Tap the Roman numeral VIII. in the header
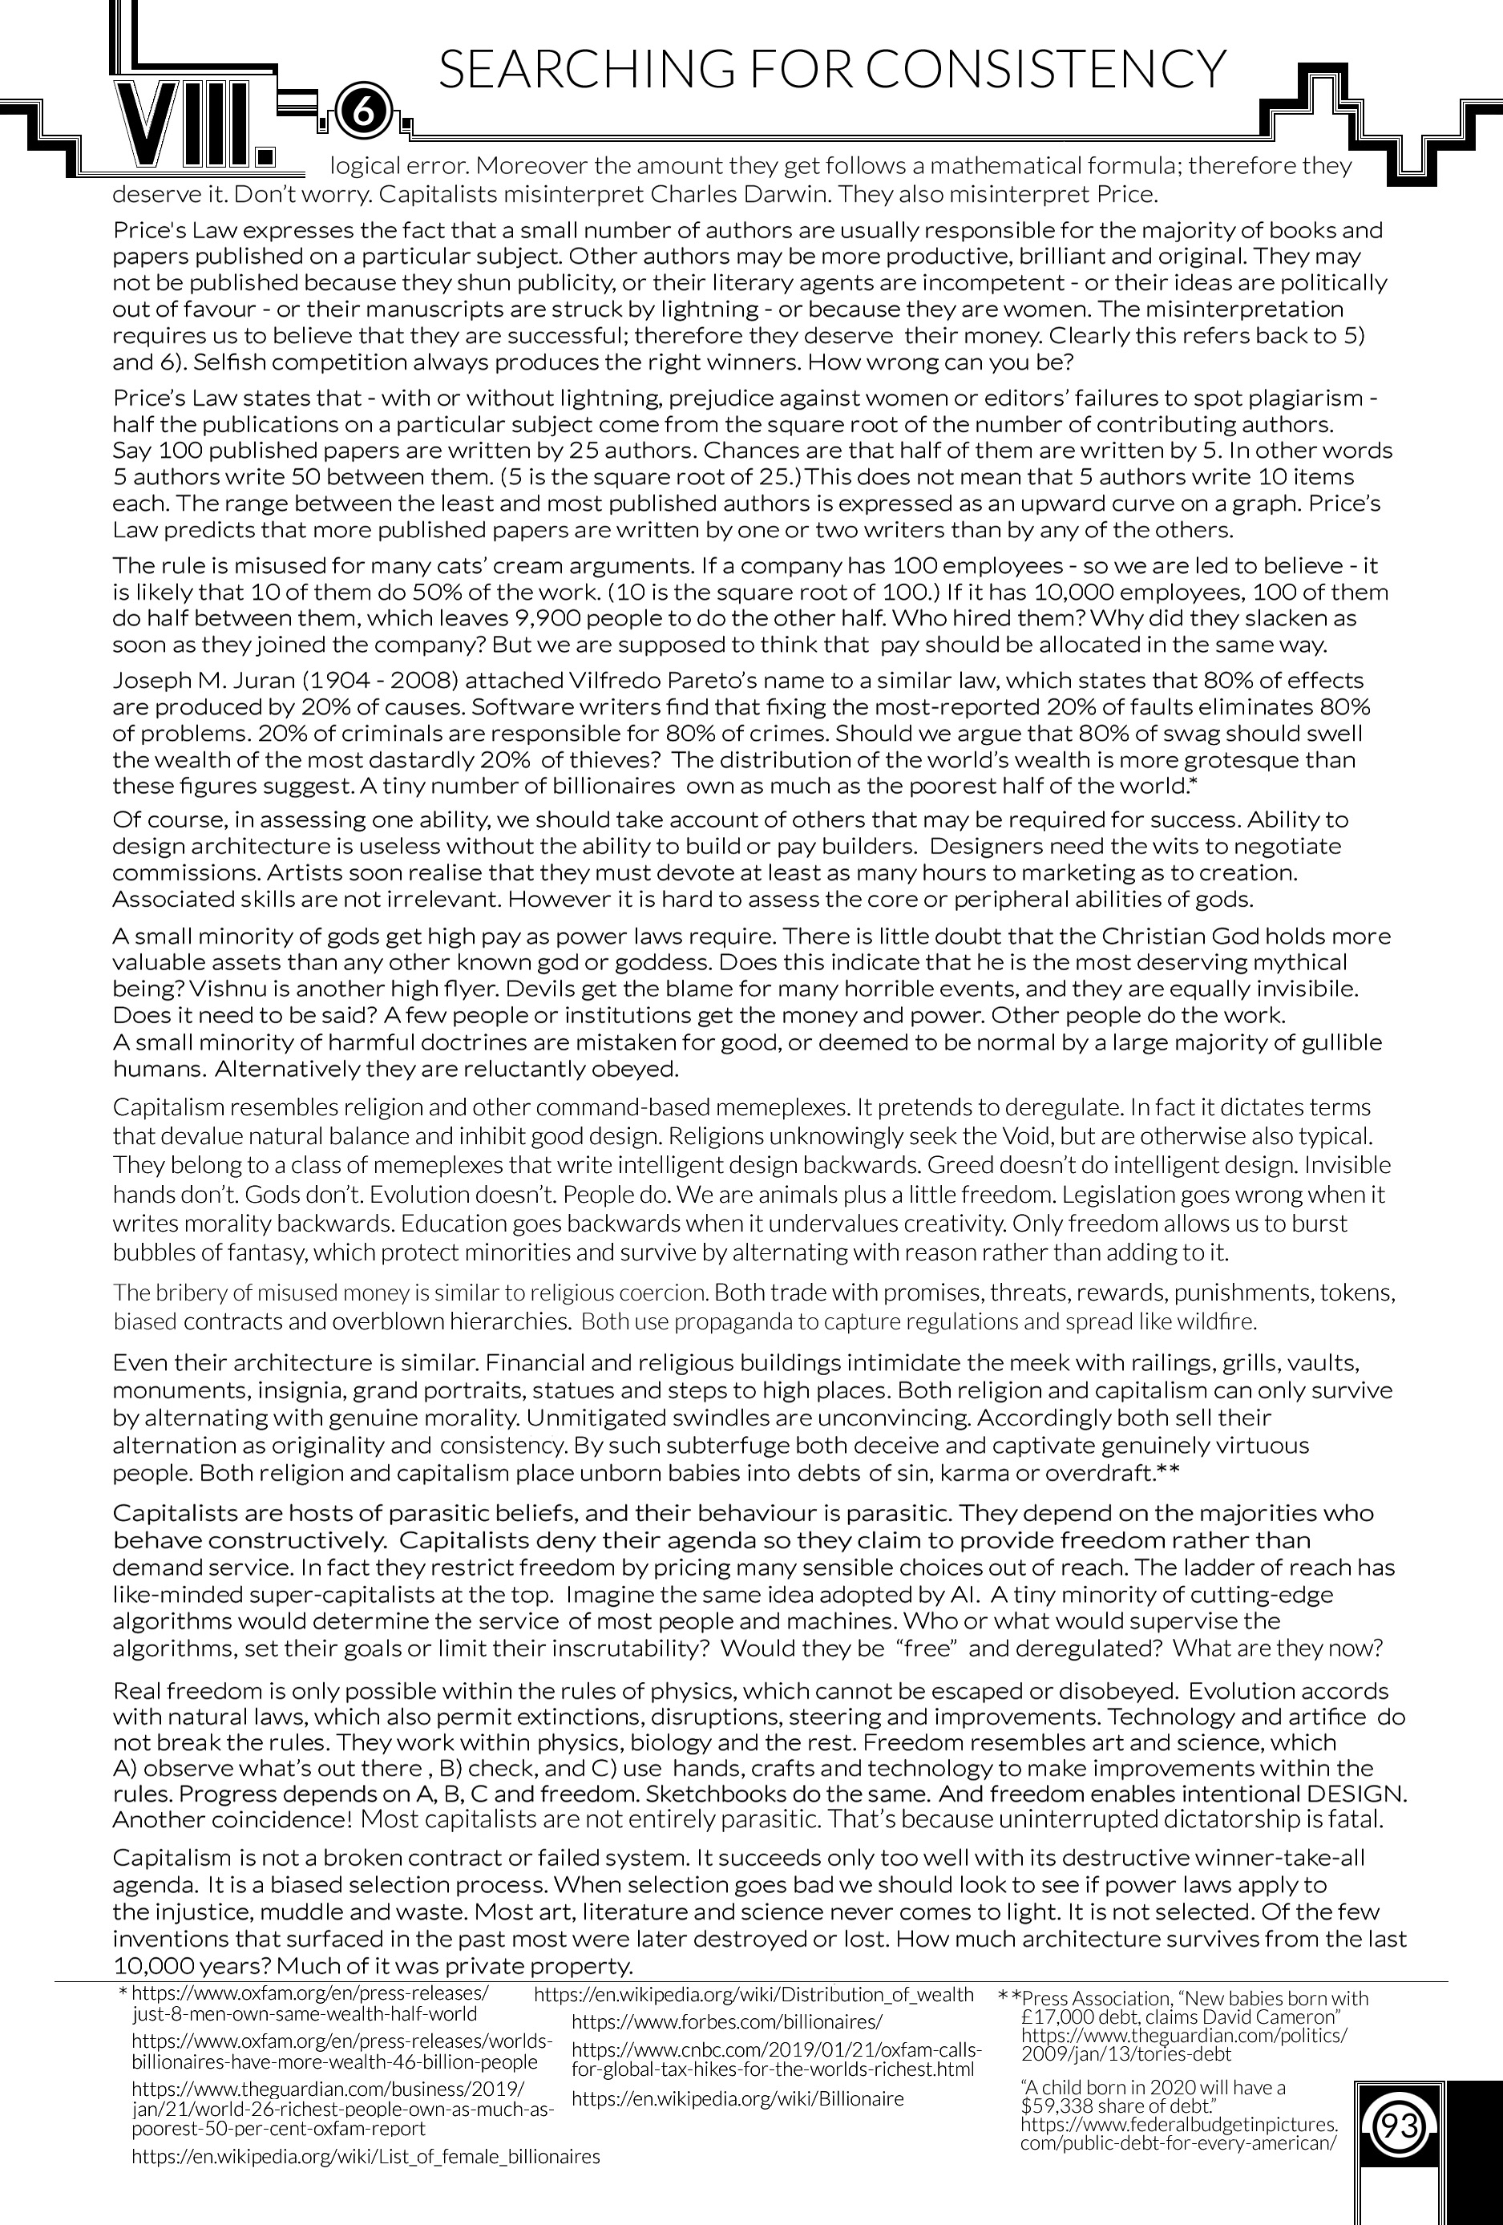(194, 124)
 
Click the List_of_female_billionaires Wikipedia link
(365, 2157)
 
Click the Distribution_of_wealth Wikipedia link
(753, 1994)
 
